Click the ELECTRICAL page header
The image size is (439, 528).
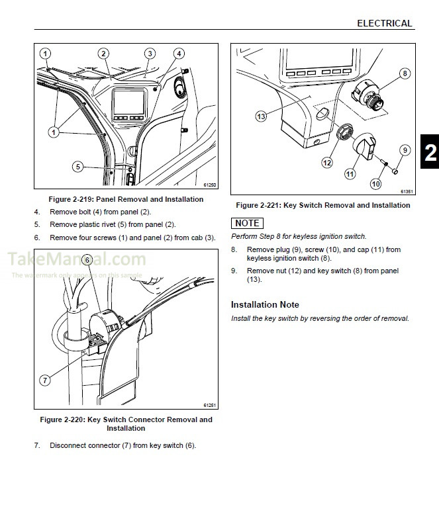pos(384,23)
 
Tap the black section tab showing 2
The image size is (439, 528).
pos(428,154)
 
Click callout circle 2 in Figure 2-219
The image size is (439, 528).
pos(103,54)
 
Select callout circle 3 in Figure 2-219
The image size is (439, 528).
pos(150,54)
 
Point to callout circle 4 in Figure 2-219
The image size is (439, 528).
pos(179,54)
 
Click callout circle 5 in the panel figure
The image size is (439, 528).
pos(77,167)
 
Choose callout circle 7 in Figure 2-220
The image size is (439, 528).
pos(45,380)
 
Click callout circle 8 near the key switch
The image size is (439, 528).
pos(405,73)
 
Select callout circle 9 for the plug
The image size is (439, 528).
pos(405,150)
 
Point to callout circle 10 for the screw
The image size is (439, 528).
pos(375,185)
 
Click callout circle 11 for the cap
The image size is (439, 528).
pos(350,174)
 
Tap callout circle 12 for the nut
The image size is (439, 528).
pos(326,162)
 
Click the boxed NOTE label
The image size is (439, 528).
pos(247,223)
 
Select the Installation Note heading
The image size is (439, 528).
pos(265,304)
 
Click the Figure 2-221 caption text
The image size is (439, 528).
pos(322,205)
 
